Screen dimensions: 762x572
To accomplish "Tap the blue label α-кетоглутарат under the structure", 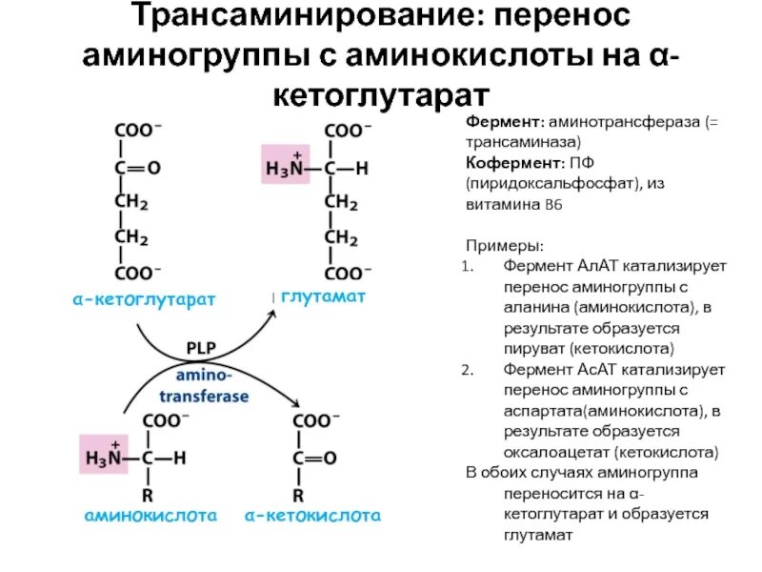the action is coord(144,299).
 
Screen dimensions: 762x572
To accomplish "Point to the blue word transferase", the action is coord(204,396).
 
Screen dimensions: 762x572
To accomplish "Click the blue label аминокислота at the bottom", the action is coord(150,516).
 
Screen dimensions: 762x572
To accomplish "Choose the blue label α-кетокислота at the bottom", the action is coord(312,516).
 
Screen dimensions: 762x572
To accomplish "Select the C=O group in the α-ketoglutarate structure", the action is coord(138,168).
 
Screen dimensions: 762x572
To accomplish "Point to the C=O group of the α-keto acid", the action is coord(313,458).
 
